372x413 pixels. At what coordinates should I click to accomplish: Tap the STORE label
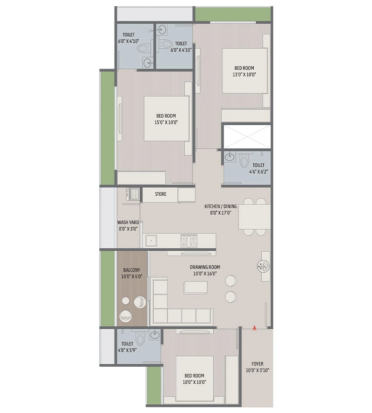coord(161,194)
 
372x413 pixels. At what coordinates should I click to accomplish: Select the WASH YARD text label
coord(128,222)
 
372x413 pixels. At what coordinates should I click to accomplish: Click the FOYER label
coord(258,364)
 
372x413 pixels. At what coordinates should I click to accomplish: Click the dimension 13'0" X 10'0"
coord(244,75)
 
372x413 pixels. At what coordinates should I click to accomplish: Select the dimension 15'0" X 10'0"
coord(166,122)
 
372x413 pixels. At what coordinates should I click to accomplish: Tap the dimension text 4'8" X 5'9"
coord(127,350)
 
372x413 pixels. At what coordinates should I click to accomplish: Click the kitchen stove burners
coord(189,241)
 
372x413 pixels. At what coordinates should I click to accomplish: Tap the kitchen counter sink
coord(151,240)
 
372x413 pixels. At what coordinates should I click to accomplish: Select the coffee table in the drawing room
coord(196,287)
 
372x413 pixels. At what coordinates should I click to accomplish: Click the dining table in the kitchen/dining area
coord(254,217)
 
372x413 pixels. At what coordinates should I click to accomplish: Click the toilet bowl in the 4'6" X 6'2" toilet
coord(244,161)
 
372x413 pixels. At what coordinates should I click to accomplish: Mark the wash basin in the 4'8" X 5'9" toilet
coord(155,335)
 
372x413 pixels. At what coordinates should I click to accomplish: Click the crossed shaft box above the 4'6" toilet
coord(247,137)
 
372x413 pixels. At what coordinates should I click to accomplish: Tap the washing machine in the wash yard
coord(134,194)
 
